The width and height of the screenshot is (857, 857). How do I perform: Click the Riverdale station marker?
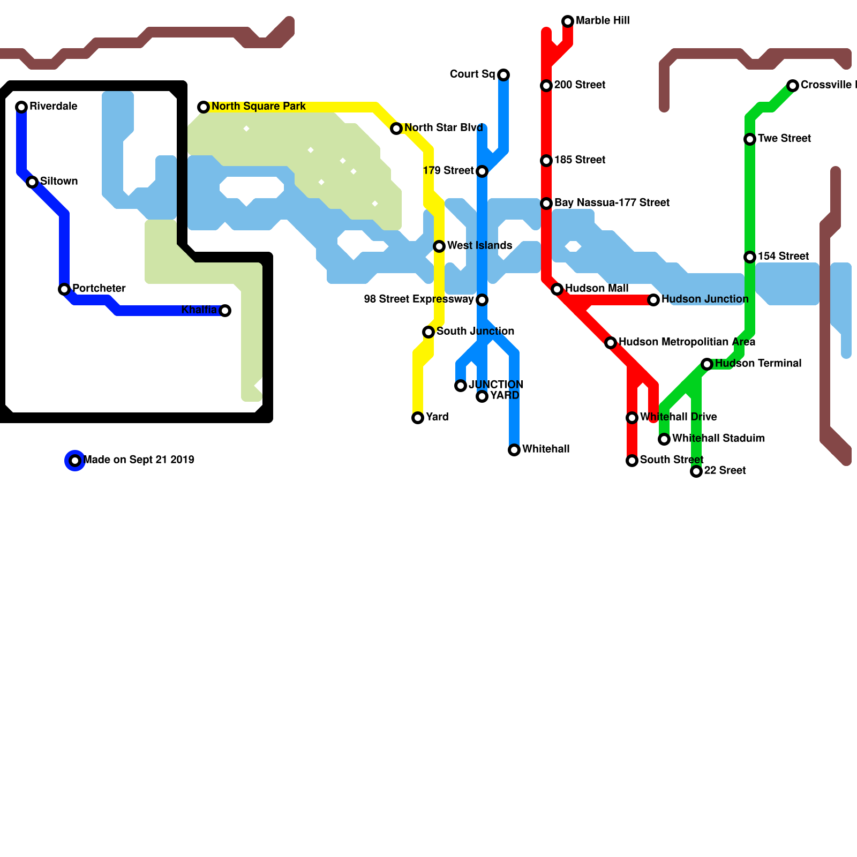[x=21, y=107]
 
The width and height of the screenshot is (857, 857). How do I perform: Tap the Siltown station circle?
[x=32, y=182]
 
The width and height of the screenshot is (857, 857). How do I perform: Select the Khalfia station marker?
[x=225, y=311]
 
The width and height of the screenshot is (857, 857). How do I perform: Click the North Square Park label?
[x=258, y=107]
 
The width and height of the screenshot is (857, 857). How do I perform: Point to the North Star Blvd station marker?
[x=396, y=129]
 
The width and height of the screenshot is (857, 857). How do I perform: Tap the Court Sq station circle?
[x=503, y=75]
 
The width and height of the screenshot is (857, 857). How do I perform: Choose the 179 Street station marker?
[x=482, y=171]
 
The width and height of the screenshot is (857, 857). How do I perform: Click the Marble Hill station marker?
[x=568, y=21]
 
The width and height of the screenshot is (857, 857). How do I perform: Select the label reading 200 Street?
[x=580, y=85]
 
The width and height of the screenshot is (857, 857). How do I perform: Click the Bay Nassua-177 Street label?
[x=612, y=203]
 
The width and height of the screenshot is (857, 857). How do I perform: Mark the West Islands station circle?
[x=439, y=246]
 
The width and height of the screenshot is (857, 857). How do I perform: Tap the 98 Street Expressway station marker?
[x=482, y=300]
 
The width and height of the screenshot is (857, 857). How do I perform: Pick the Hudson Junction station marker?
[x=653, y=300]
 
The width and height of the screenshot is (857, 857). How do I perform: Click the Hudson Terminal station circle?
[x=707, y=364]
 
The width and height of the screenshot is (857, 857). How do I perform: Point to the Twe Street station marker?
[x=750, y=139]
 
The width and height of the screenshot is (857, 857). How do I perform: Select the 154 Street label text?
[x=783, y=257]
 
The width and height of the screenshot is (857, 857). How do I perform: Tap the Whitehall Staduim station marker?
[x=664, y=439]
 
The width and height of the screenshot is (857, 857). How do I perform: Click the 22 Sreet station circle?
[x=696, y=471]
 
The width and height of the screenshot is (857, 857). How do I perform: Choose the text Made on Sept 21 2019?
[x=139, y=460]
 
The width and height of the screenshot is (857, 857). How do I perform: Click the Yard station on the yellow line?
[x=418, y=418]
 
